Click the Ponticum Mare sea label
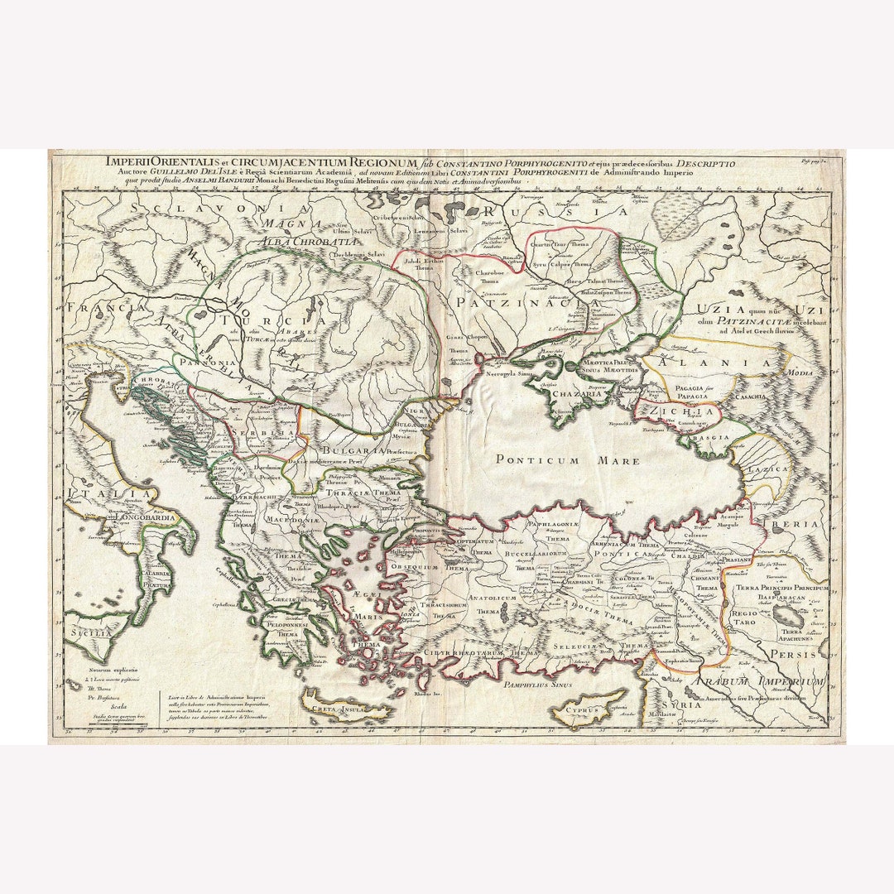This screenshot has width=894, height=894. tap(567, 460)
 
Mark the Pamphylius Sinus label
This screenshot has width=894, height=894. tap(539, 684)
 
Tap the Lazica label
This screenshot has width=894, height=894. tap(767, 469)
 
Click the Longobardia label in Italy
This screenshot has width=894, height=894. tap(121, 521)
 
